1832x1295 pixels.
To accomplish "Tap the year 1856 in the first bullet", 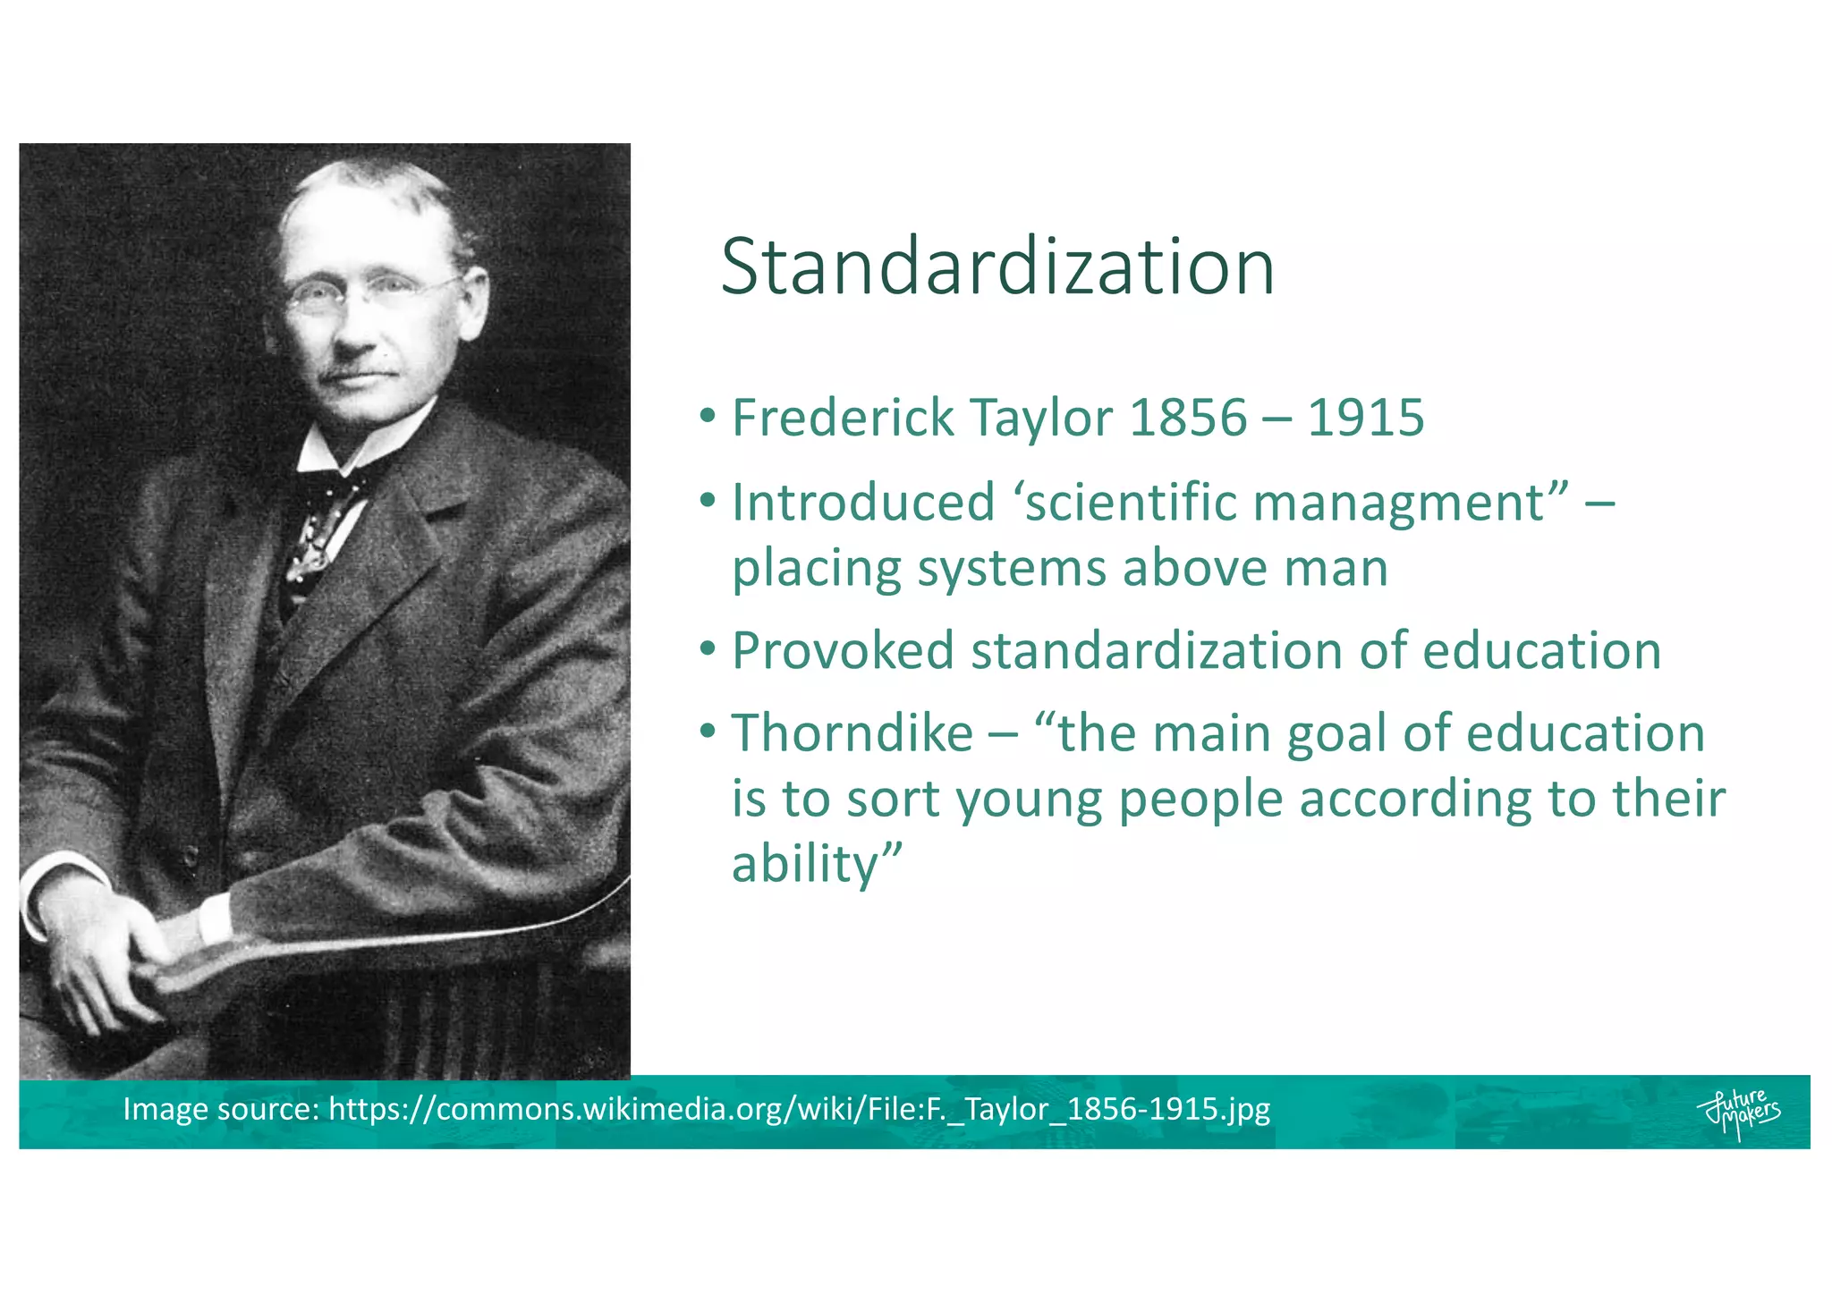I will pos(1188,418).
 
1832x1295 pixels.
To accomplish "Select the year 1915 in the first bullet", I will pos(1365,418).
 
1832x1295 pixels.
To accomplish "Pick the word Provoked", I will pos(843,650).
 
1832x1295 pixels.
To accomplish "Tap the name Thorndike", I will pos(852,733).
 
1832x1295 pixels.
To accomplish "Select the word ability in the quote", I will pos(804,865).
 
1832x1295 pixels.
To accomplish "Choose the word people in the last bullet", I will pos(1200,799).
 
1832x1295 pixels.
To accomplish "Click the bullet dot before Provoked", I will pos(708,649).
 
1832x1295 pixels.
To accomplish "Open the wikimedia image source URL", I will pos(799,1109).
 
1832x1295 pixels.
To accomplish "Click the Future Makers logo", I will pos(1737,1112).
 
